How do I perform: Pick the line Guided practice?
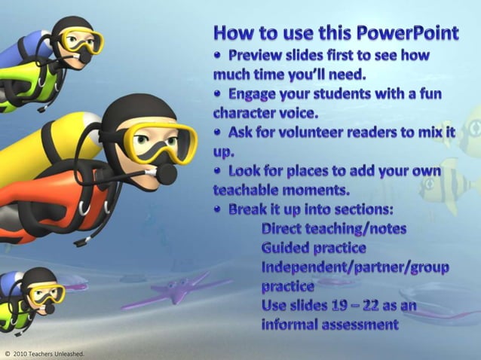pyautogui.click(x=314, y=247)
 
